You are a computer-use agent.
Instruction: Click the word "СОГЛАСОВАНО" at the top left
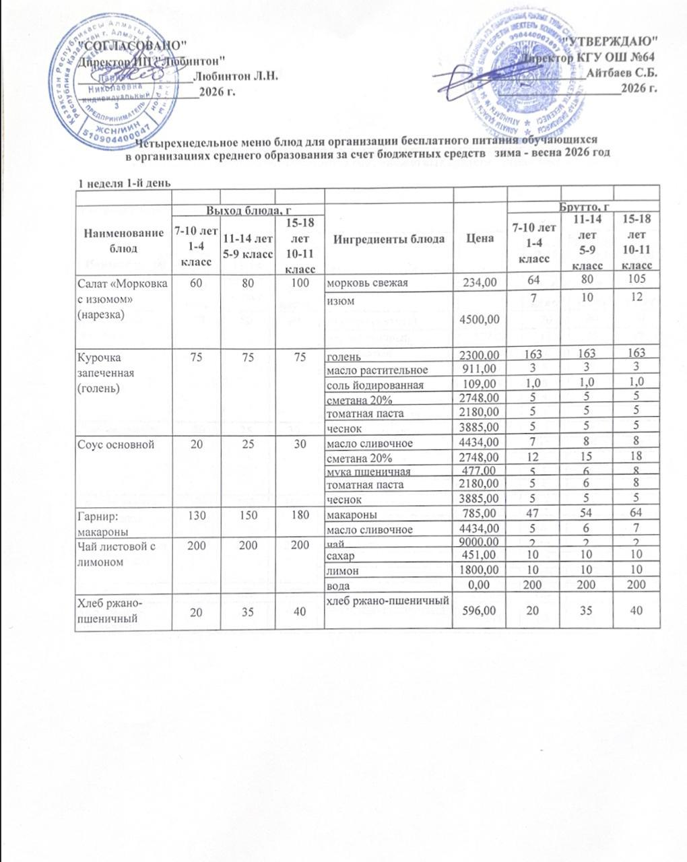pyautogui.click(x=133, y=44)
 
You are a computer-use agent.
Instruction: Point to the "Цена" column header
pyautogui.click(x=480, y=238)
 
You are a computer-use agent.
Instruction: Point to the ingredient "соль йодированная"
pyautogui.click(x=374, y=385)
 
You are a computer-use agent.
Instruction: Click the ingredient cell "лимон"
pyautogui.click(x=341, y=572)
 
